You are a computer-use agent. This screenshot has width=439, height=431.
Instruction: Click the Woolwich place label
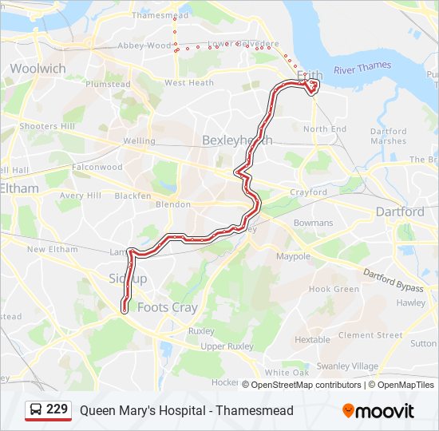[38, 69]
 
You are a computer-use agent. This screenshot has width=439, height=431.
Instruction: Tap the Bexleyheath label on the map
[237, 140]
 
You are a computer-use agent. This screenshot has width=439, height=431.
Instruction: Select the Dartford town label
[400, 212]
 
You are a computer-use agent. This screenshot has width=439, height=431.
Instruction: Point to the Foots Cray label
[168, 307]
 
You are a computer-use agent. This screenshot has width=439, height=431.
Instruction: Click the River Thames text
[358, 69]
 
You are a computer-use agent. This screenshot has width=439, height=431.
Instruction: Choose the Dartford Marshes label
[389, 136]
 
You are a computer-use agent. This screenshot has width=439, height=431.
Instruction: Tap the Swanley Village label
[347, 366]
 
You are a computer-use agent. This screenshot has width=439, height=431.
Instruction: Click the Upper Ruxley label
[227, 346]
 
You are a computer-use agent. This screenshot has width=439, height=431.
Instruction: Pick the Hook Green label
[334, 289]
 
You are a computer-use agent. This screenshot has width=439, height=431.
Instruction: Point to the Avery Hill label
[80, 196]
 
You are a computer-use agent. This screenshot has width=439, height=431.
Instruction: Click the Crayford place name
[308, 192]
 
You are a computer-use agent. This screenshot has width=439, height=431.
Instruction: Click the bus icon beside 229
[35, 410]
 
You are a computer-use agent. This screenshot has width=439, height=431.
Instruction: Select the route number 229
[57, 410]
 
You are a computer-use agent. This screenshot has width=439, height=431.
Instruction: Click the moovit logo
[378, 410]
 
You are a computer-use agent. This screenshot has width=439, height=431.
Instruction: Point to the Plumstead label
[108, 84]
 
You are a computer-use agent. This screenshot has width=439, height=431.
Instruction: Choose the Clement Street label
[370, 335]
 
